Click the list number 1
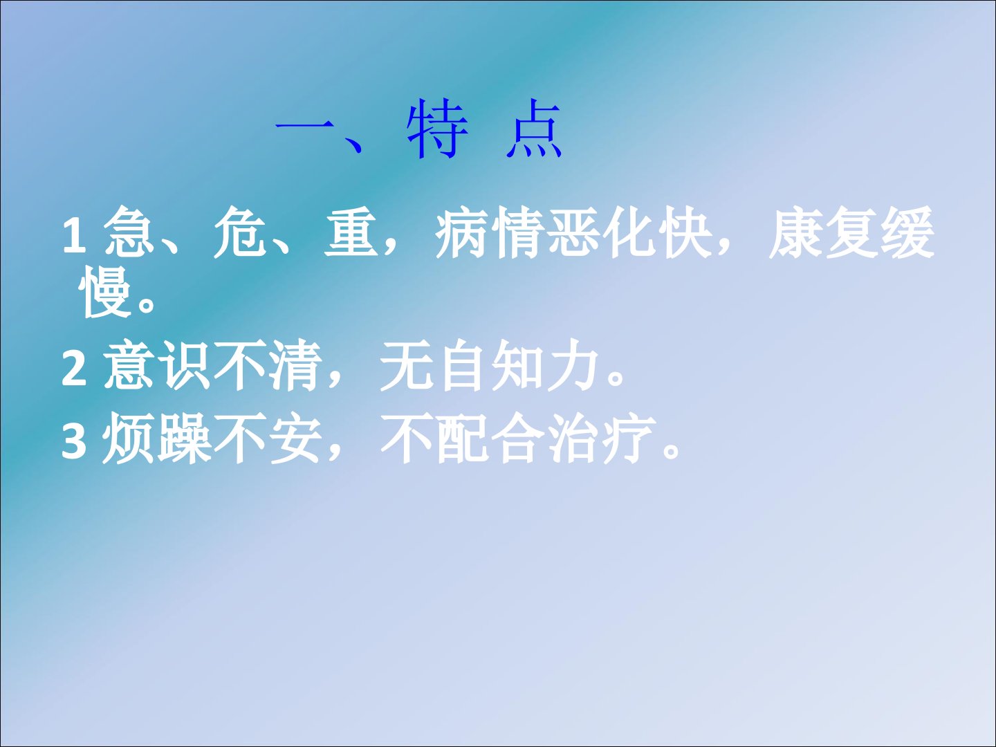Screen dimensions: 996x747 tap(75, 234)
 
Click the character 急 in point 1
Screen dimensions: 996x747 tap(129, 232)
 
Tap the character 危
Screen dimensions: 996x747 tap(239, 232)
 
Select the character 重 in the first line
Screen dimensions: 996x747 tap(350, 232)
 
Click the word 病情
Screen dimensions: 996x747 tap(490, 232)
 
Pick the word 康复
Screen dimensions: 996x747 tap(823, 232)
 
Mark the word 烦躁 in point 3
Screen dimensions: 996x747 tap(157, 438)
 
